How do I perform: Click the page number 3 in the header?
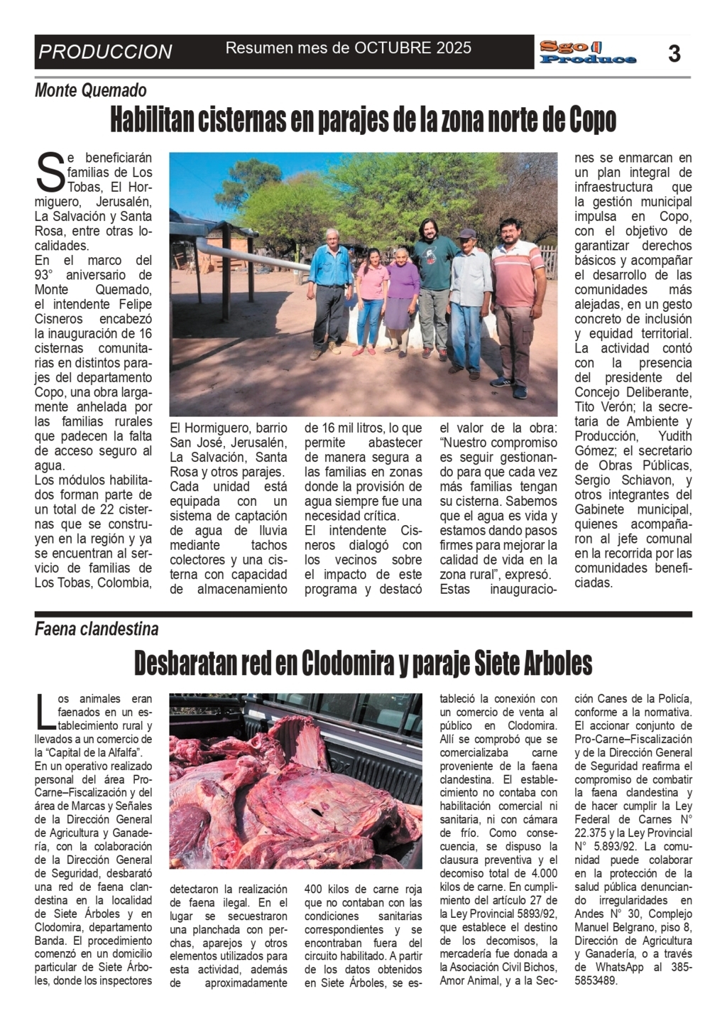click(674, 53)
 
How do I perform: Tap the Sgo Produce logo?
click(587, 53)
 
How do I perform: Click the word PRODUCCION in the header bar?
click(105, 52)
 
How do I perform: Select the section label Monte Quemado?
click(91, 90)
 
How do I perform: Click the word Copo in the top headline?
click(592, 121)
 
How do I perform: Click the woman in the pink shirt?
click(371, 298)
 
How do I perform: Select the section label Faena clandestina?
click(97, 629)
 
